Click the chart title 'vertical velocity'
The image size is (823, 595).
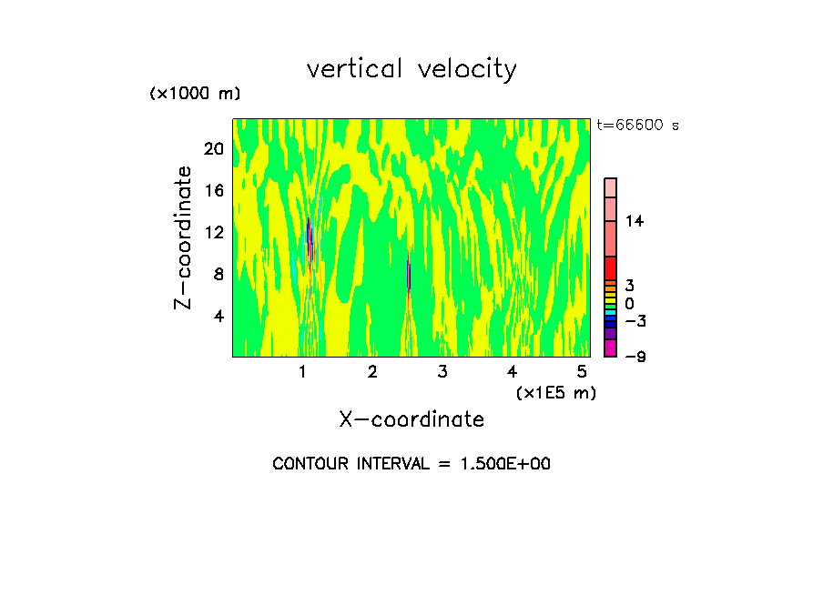pos(411,69)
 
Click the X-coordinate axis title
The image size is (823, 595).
pos(411,419)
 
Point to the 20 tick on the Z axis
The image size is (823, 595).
pos(214,148)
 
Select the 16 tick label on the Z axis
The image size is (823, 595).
pos(214,190)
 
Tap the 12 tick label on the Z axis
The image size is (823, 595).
pos(214,232)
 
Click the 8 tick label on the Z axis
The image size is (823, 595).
pos(218,274)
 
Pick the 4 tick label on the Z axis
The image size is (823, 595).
pos(218,316)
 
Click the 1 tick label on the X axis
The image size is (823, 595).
pos(303,371)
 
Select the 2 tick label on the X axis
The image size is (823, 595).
pos(372,371)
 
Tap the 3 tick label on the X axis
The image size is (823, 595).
pos(442,371)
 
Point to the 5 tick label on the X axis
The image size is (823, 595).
pos(582,371)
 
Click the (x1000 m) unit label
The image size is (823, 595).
pos(195,94)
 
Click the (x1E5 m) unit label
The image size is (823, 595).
pos(555,392)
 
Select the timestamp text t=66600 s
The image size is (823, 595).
pos(637,126)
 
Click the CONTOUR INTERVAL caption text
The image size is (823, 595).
pos(411,464)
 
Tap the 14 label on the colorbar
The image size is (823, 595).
pos(635,221)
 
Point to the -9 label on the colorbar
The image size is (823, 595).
pos(635,357)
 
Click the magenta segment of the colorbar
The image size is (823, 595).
pos(611,348)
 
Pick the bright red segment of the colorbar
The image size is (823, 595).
pos(611,268)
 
